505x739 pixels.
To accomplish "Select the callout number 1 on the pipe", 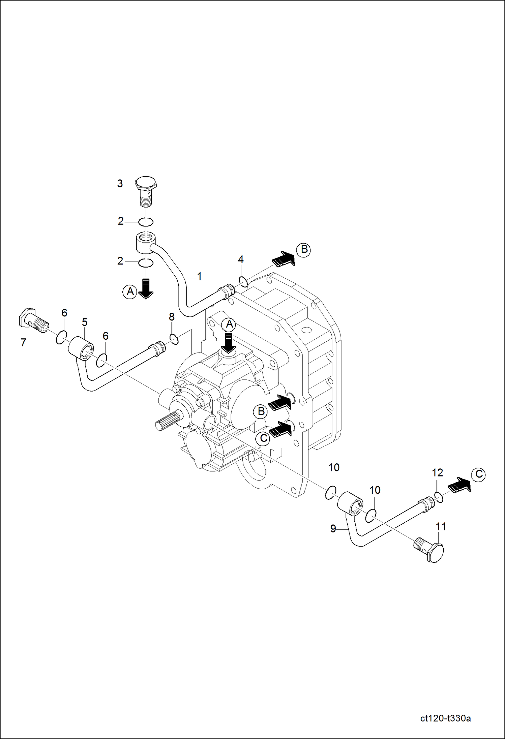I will pyautogui.click(x=199, y=276).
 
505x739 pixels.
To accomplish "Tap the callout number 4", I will pyautogui.click(x=241, y=259).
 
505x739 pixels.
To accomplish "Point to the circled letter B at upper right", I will pyautogui.click(x=304, y=250).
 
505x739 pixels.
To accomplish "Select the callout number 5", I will pyautogui.click(x=85, y=322).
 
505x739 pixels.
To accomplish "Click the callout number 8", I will pyautogui.click(x=172, y=317).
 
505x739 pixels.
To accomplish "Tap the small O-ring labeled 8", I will pyautogui.click(x=174, y=339).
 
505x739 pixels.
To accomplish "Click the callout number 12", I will pyautogui.click(x=437, y=473).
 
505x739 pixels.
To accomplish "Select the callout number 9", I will pyautogui.click(x=333, y=529).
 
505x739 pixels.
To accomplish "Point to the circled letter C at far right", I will pyautogui.click(x=479, y=474).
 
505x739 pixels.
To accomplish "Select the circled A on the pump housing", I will pyautogui.click(x=229, y=324).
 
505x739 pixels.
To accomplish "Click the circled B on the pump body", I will pyautogui.click(x=261, y=411).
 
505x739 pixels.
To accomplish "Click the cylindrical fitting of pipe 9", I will pyautogui.click(x=350, y=503).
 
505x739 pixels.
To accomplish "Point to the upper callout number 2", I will pyautogui.click(x=121, y=221).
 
